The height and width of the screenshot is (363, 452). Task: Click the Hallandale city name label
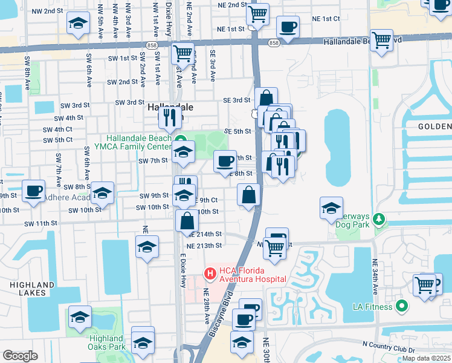(x=170, y=106)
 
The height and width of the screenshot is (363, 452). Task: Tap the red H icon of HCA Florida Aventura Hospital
(x=210, y=274)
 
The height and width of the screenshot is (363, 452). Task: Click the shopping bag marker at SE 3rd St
(x=266, y=98)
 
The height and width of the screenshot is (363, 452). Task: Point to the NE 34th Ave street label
(x=375, y=277)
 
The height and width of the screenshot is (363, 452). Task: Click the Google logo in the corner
(x=20, y=356)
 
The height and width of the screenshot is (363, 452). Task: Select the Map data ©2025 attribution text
(x=425, y=358)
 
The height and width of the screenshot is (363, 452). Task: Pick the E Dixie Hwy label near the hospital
(x=182, y=267)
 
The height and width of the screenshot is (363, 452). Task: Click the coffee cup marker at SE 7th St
(x=225, y=162)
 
